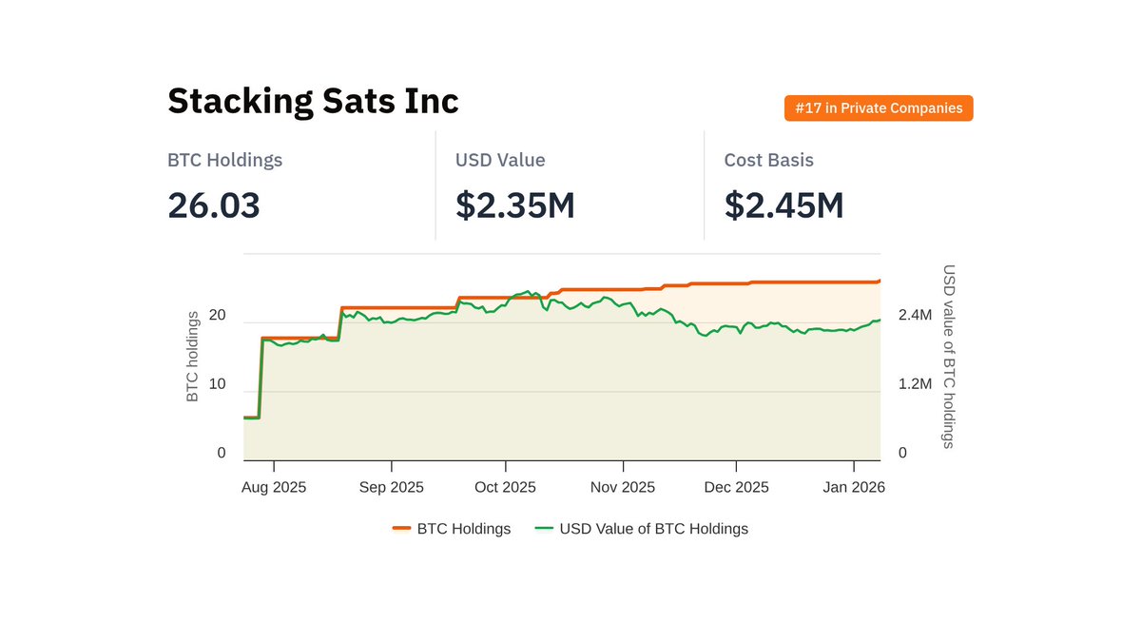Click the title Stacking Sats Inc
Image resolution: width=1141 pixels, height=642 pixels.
[313, 101]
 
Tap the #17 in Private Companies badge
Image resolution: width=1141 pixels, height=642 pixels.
[879, 108]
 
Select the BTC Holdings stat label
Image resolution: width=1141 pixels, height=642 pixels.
[224, 161]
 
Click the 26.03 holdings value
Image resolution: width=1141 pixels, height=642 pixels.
[214, 205]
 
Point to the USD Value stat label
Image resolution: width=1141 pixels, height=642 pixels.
[500, 161]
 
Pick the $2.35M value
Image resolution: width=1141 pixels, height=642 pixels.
[514, 205]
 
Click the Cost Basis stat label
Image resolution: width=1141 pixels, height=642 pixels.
[768, 161]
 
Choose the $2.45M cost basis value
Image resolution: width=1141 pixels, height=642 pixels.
[783, 205]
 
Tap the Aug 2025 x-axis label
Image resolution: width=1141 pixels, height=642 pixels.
[274, 487]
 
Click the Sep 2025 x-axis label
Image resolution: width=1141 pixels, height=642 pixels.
[392, 487]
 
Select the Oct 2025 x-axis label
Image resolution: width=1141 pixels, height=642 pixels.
[505, 487]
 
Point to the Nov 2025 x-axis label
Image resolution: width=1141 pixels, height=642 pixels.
[623, 487]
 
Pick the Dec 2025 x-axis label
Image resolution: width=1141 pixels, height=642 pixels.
[737, 487]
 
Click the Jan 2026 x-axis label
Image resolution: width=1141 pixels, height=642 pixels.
[854, 487]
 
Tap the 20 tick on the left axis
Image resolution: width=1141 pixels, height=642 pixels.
[218, 316]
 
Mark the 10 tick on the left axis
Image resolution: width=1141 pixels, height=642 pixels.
[218, 384]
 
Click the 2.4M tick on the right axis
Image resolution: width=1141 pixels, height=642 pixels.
[915, 316]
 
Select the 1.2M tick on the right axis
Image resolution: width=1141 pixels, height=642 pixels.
[915, 384]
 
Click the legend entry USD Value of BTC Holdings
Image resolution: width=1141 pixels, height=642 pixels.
[653, 529]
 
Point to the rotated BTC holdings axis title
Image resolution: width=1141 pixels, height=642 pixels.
[193, 357]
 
